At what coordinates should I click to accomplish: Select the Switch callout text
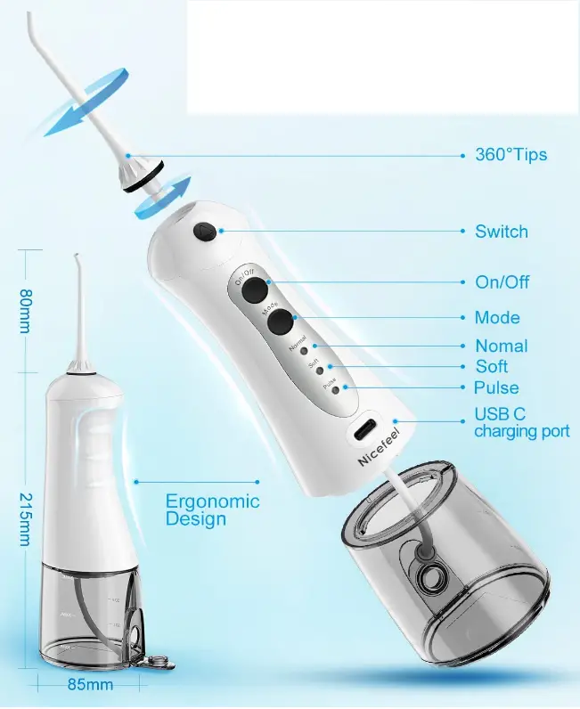click(501, 232)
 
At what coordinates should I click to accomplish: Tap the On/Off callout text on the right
click(502, 281)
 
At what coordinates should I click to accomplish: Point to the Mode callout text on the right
click(497, 317)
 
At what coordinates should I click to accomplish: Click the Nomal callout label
click(501, 346)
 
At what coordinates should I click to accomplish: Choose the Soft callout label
click(491, 366)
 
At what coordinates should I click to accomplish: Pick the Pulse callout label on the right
click(496, 387)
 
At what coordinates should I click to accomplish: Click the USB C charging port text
click(521, 423)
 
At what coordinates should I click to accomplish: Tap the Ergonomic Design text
click(212, 509)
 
